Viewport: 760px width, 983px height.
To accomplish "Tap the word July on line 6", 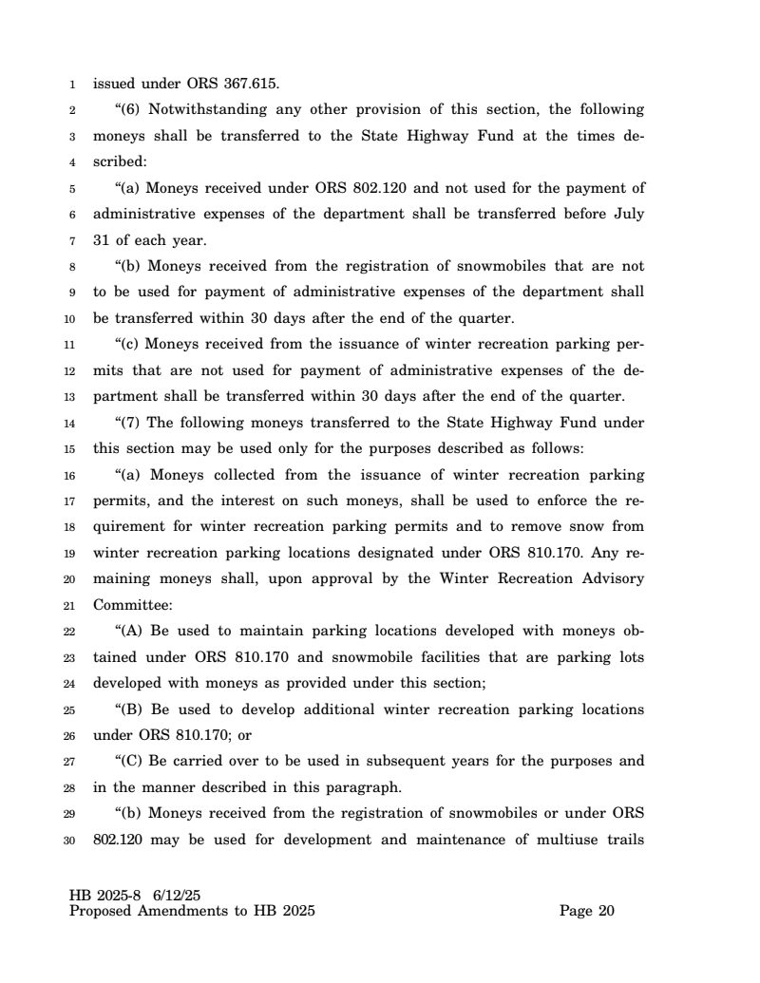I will pyautogui.click(x=626, y=214).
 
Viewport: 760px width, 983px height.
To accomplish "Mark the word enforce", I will pyautogui.click(x=544, y=501).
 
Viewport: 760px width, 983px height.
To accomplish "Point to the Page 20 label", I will pyautogui.click(x=587, y=912).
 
